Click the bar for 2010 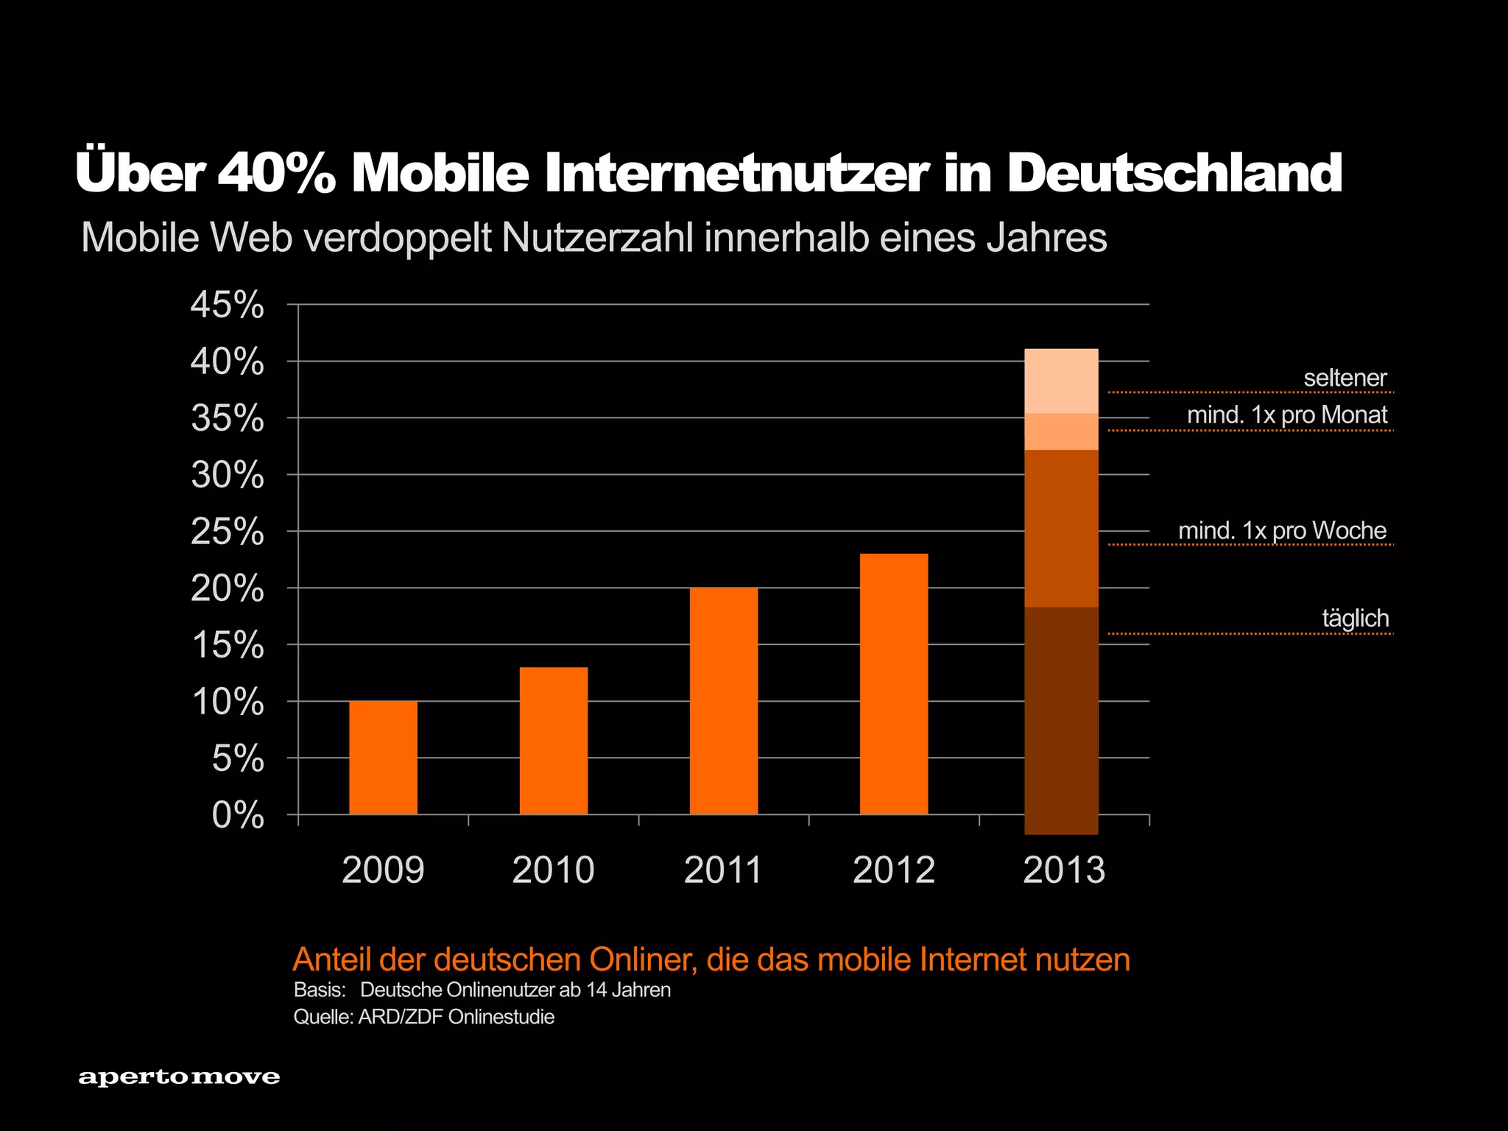tap(553, 740)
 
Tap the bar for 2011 tap(723, 700)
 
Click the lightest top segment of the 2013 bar tap(1061, 381)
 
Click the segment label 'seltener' tap(1345, 378)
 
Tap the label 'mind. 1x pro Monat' tap(1286, 415)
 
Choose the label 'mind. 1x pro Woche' tap(1282, 530)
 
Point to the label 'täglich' tap(1355, 618)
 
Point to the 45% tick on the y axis tap(227, 305)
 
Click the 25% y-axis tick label tap(227, 532)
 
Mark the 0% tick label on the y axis tap(237, 815)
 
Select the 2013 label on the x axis tap(1063, 870)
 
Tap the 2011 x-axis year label tap(723, 870)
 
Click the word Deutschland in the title tap(1174, 173)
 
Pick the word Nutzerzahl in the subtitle tap(596, 238)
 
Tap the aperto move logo tap(179, 1077)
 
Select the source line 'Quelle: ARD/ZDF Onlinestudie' tap(423, 1017)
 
